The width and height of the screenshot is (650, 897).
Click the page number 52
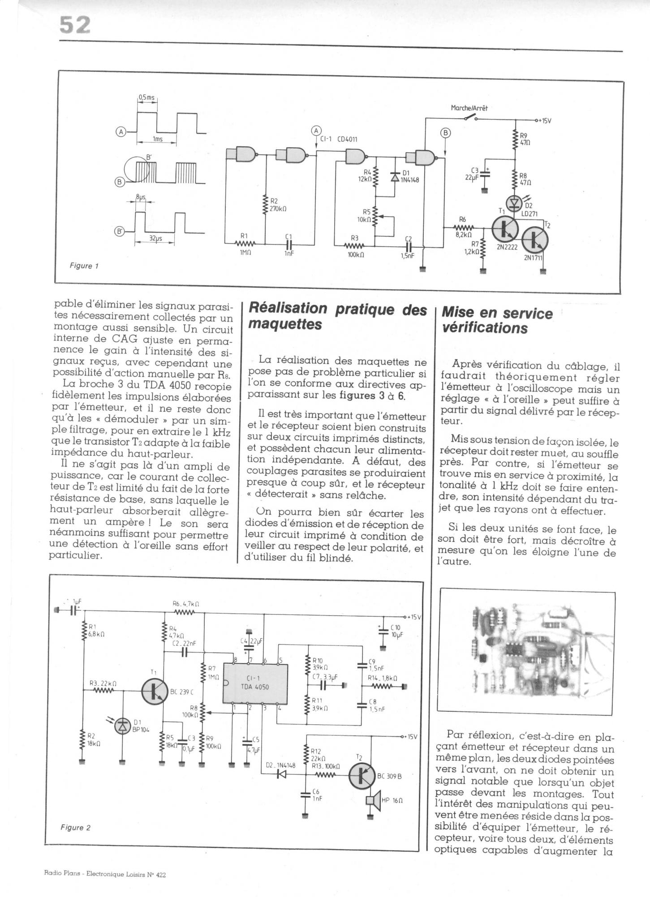[75, 26]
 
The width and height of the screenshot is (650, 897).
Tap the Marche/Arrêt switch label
[469, 108]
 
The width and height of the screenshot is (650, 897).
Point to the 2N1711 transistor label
[533, 258]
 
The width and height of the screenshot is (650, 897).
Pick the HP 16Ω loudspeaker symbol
[370, 801]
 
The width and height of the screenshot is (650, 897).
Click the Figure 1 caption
[84, 266]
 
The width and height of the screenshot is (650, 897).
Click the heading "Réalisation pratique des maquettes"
[337, 316]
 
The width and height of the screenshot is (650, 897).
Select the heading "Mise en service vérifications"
[497, 320]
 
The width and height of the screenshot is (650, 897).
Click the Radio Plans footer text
[105, 874]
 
